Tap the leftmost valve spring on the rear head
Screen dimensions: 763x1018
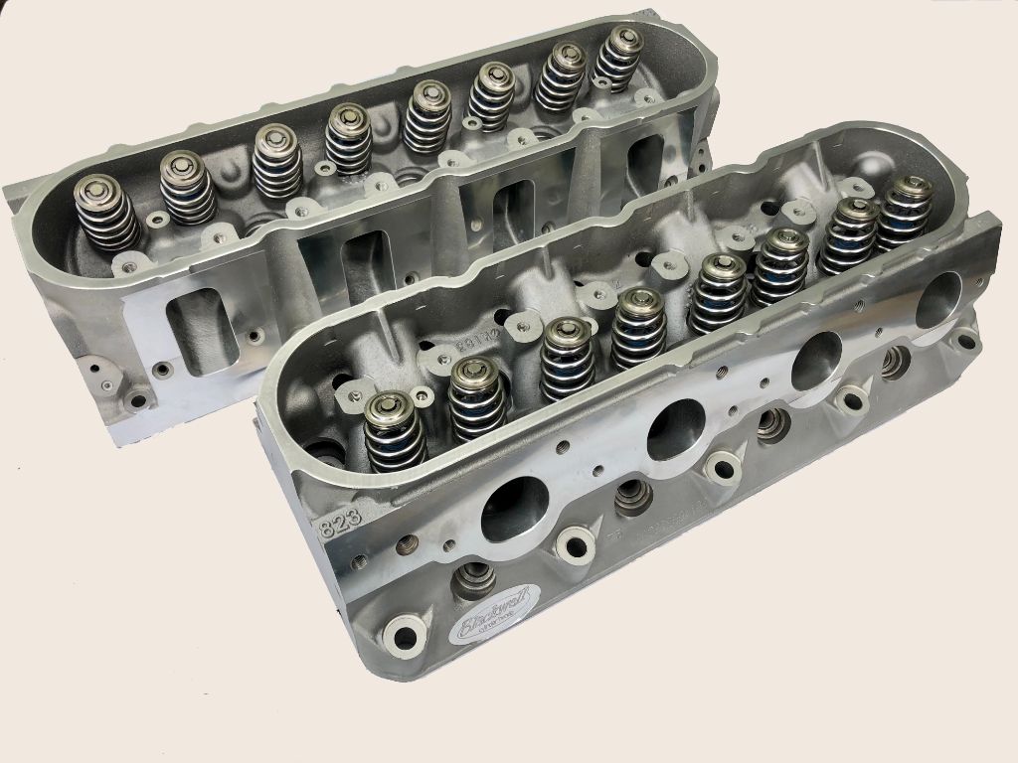coord(105,212)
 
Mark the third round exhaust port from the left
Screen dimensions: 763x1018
coord(817,359)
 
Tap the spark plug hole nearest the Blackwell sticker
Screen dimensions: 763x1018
coord(475,577)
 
